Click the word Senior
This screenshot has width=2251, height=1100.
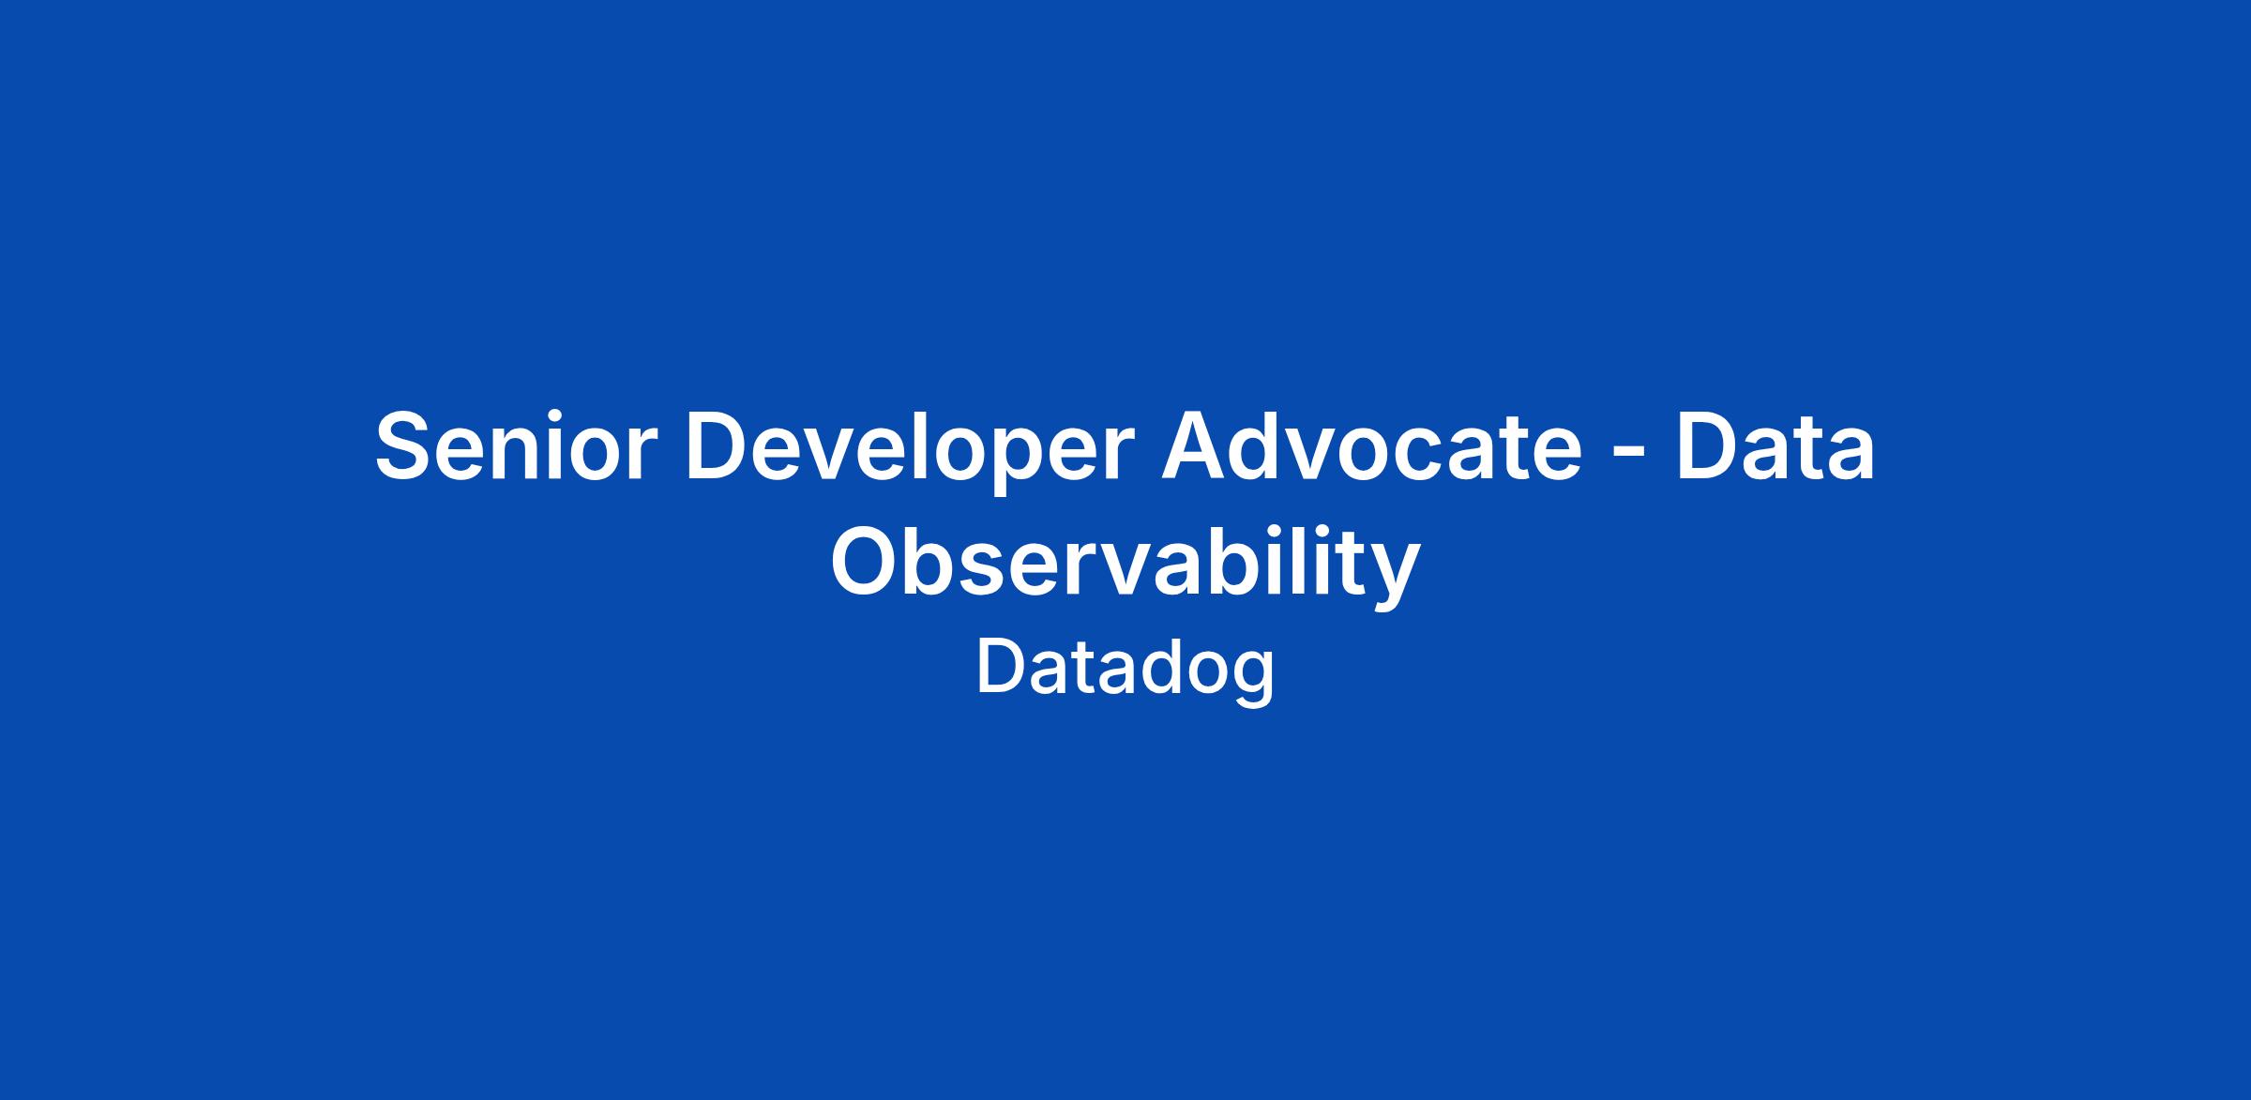[511, 445]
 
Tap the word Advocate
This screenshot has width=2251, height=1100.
[1372, 445]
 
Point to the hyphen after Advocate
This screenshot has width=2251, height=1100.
[1630, 455]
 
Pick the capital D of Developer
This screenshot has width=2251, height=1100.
[721, 446]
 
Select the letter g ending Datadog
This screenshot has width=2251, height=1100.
[1252, 679]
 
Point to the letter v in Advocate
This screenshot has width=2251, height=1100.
[1312, 456]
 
